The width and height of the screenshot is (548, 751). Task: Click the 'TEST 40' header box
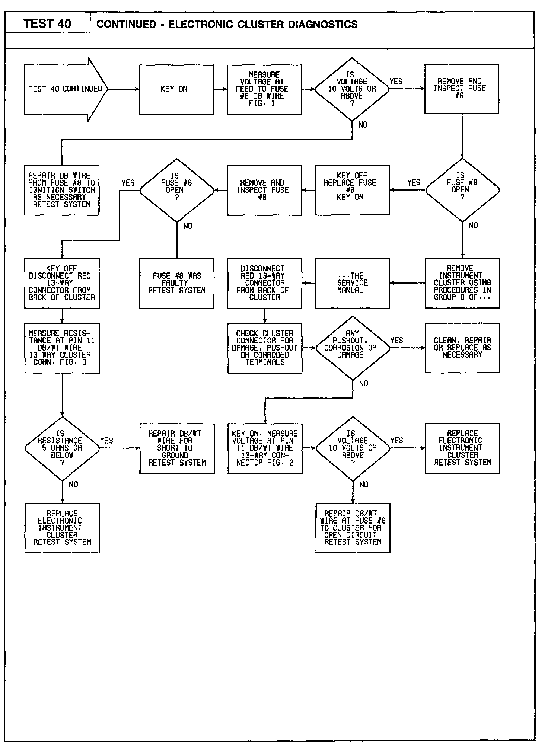click(x=47, y=24)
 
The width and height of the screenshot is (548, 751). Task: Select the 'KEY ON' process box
click(x=176, y=89)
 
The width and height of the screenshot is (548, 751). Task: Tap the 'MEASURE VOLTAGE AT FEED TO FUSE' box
click(x=264, y=89)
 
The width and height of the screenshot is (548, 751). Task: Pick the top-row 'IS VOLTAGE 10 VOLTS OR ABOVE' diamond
click(x=352, y=89)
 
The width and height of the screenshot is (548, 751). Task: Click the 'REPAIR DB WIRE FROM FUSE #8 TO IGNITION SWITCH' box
click(x=62, y=190)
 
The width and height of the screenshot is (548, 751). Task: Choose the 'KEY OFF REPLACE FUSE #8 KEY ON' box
click(x=352, y=190)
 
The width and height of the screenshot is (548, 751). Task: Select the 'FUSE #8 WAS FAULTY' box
click(x=177, y=283)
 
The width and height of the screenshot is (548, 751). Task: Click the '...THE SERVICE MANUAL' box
click(x=352, y=283)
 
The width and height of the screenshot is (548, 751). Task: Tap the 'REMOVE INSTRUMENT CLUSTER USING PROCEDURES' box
click(x=462, y=283)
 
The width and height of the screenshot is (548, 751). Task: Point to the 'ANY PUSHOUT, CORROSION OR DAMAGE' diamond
click(x=352, y=348)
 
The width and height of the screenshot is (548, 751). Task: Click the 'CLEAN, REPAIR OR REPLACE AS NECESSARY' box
click(x=462, y=348)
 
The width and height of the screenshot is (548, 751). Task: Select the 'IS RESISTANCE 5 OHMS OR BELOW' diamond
click(x=62, y=448)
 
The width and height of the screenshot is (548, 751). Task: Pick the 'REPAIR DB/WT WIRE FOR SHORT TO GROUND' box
click(x=177, y=448)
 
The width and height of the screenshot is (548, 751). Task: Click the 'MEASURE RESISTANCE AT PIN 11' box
click(x=62, y=348)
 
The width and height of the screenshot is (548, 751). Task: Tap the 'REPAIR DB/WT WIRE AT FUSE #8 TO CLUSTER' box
click(x=353, y=528)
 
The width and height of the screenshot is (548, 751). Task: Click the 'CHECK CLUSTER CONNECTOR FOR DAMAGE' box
click(x=265, y=348)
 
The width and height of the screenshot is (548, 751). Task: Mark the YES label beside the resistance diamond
click(x=106, y=441)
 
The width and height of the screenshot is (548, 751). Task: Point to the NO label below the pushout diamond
click(x=364, y=384)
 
